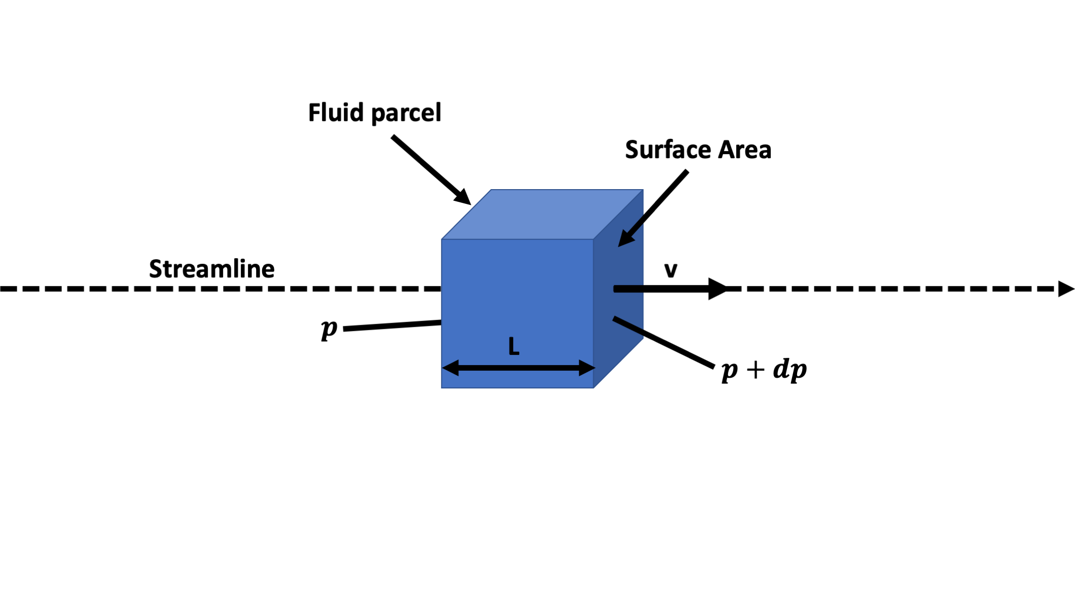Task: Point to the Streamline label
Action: tap(211, 268)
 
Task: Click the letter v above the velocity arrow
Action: tap(671, 270)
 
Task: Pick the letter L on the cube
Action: tap(514, 347)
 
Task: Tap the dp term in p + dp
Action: tap(790, 370)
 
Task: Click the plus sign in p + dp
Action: tap(755, 370)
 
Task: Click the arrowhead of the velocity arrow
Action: tap(717, 289)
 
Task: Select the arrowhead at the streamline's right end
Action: tap(1065, 289)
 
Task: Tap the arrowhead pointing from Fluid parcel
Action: tap(462, 197)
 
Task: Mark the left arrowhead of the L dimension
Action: tap(450, 368)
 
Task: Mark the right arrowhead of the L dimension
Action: tap(586, 368)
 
